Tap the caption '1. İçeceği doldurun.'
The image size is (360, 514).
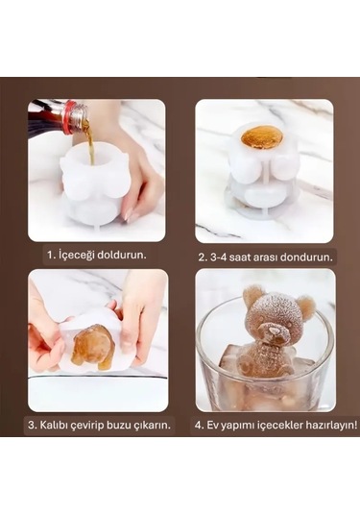pyautogui.click(x=95, y=257)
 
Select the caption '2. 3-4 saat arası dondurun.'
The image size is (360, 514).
pyautogui.click(x=265, y=257)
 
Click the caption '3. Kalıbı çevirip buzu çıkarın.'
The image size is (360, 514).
pyautogui.click(x=97, y=425)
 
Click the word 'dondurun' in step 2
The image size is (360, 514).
pyautogui.click(x=307, y=257)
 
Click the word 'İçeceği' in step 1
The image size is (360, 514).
pyautogui.click(x=79, y=257)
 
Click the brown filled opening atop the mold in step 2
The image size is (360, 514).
pyautogui.click(x=261, y=137)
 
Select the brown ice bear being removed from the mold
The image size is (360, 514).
pyautogui.click(x=93, y=347)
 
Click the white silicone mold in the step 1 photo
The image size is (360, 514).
pyautogui.click(x=90, y=187)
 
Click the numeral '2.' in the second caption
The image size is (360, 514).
pyautogui.click(x=203, y=257)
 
